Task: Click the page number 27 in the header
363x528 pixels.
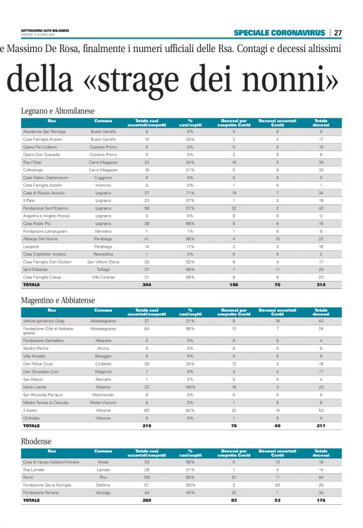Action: tap(337, 33)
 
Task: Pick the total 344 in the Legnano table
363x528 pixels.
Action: tap(146, 285)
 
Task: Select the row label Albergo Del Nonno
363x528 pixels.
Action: tap(41, 239)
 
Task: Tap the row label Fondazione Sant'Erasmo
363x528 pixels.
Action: tap(45, 208)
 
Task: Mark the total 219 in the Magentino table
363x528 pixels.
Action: tap(146, 426)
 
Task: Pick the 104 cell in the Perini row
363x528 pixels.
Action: tap(146, 478)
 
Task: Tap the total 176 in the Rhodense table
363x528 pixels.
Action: tap(321, 501)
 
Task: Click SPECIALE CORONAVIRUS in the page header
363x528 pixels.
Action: tap(280, 33)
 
